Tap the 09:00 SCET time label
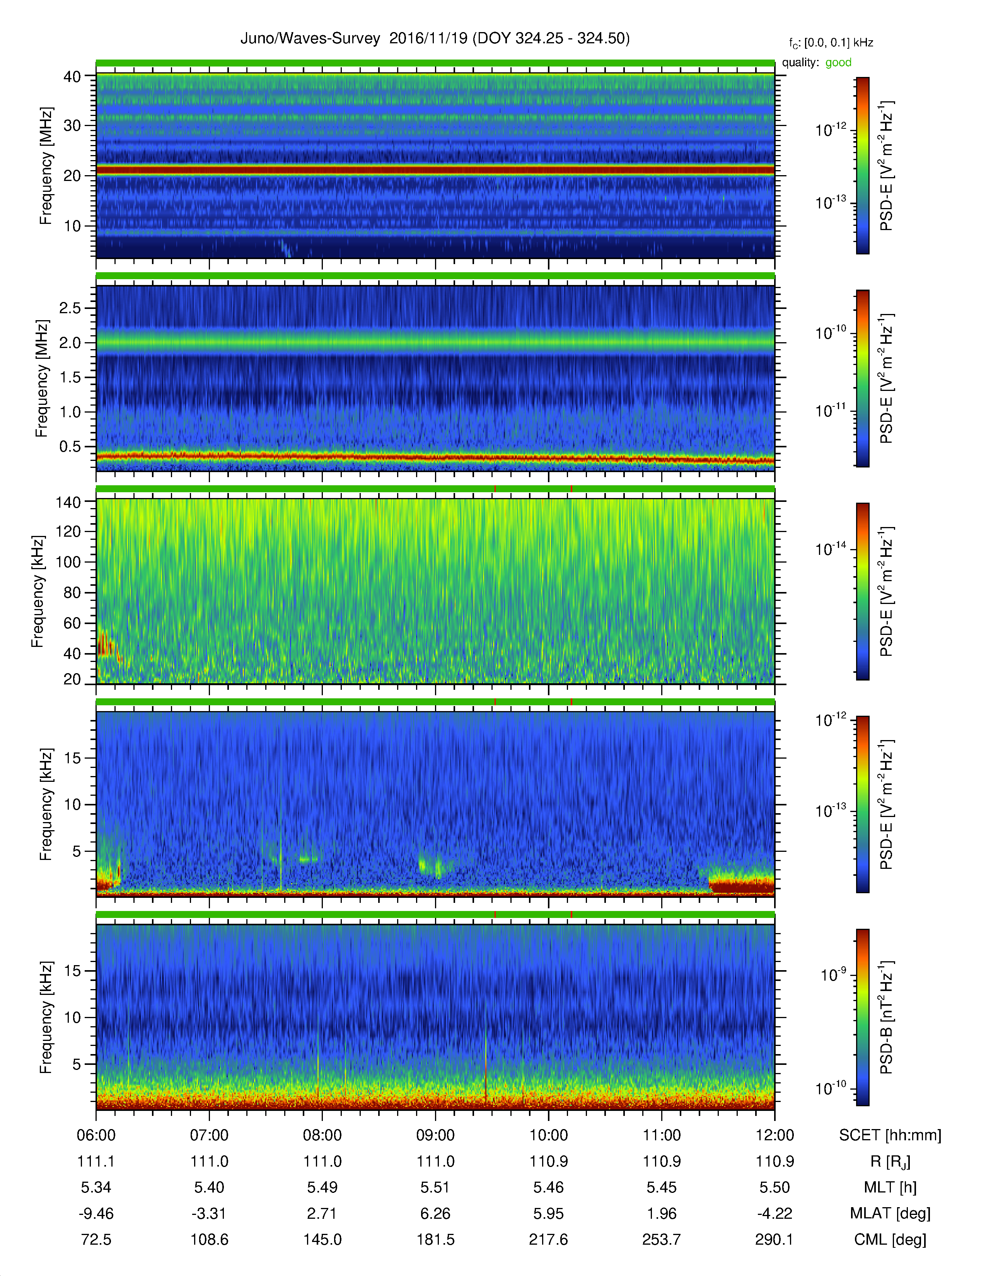(x=435, y=1135)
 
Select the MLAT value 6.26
(x=435, y=1213)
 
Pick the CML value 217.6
(x=549, y=1239)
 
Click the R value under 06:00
(x=96, y=1162)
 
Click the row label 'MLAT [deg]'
(x=890, y=1213)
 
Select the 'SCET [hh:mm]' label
(x=890, y=1135)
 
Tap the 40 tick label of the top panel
(x=72, y=77)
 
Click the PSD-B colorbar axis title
(x=886, y=1017)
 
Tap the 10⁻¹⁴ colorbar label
(x=831, y=549)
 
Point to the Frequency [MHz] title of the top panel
(x=46, y=166)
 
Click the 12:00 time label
(x=774, y=1135)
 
